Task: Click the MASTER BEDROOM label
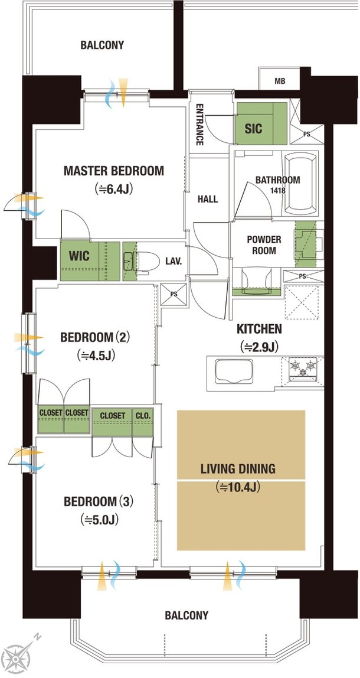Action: click(114, 171)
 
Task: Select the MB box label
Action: click(279, 82)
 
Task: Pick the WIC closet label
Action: click(79, 256)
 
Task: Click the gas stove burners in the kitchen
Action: click(303, 369)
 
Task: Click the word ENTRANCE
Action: click(199, 125)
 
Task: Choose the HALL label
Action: click(208, 200)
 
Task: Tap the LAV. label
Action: click(174, 261)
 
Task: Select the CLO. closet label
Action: click(143, 416)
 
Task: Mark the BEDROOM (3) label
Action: click(99, 501)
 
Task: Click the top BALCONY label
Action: click(102, 45)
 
